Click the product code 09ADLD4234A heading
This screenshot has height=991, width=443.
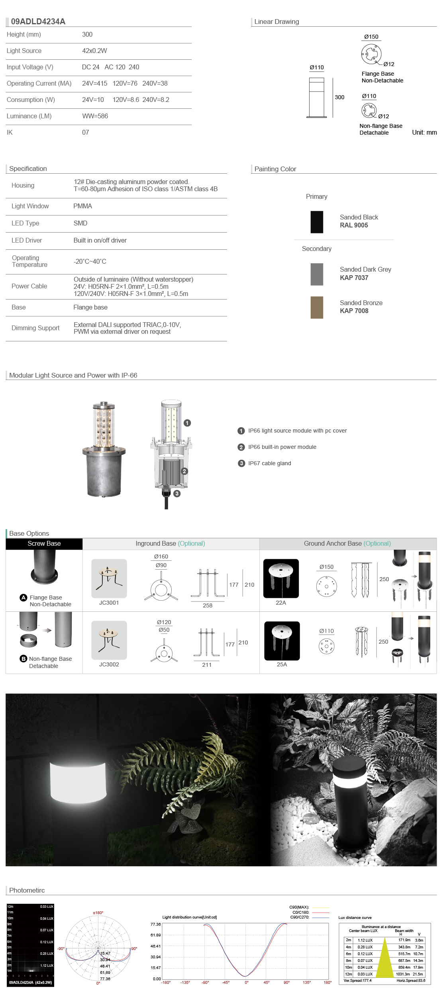(38, 22)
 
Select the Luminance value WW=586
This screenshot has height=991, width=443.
(95, 116)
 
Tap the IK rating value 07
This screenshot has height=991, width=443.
(85, 132)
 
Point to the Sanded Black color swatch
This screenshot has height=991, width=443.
(317, 222)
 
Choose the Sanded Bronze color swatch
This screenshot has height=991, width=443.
(317, 307)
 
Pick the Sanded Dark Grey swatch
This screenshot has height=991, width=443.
(317, 274)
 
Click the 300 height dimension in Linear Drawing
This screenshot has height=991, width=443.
(339, 97)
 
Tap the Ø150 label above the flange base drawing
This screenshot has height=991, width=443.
(371, 37)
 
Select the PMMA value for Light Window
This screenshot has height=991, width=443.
(82, 206)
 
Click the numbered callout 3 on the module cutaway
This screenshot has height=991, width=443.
(177, 494)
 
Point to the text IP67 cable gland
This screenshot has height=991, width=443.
(269, 463)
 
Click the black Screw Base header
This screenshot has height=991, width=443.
(44, 544)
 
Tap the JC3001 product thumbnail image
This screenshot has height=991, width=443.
(109, 578)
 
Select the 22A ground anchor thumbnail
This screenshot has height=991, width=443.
(281, 578)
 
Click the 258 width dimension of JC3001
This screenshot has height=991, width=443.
(208, 605)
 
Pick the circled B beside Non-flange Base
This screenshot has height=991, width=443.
(24, 659)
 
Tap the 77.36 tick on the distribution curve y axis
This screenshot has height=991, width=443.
(155, 924)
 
